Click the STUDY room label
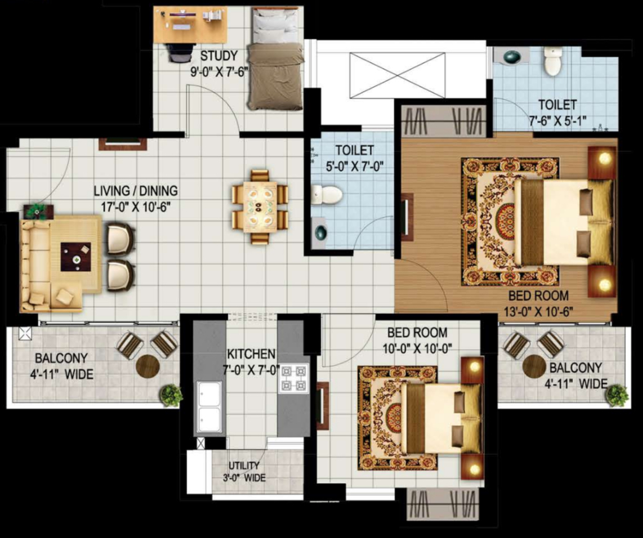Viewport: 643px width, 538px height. point(218,56)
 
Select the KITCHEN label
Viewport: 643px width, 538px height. point(251,354)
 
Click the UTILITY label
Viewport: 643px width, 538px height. point(244,465)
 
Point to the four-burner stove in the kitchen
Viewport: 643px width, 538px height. point(294,378)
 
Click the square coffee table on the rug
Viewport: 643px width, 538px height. point(76,257)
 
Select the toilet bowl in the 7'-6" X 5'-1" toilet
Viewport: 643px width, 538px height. point(553,61)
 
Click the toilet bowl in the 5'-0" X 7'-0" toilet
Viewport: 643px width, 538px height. point(326,195)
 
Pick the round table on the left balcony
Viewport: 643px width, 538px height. point(148,366)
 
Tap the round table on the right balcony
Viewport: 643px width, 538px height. point(534,366)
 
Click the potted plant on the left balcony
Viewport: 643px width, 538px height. point(171,395)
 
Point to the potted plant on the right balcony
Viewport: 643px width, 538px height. point(618,395)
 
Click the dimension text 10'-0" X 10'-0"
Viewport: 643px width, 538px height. point(417,348)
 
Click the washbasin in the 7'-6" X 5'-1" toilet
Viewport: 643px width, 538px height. point(512,57)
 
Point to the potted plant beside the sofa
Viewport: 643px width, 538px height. point(39,211)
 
